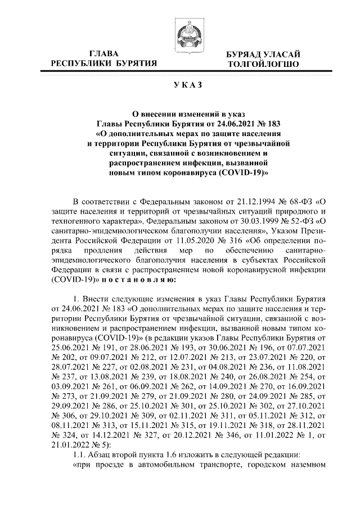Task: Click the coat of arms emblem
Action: click(x=188, y=35)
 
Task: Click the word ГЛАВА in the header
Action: click(x=104, y=53)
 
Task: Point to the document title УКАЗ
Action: click(x=188, y=85)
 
